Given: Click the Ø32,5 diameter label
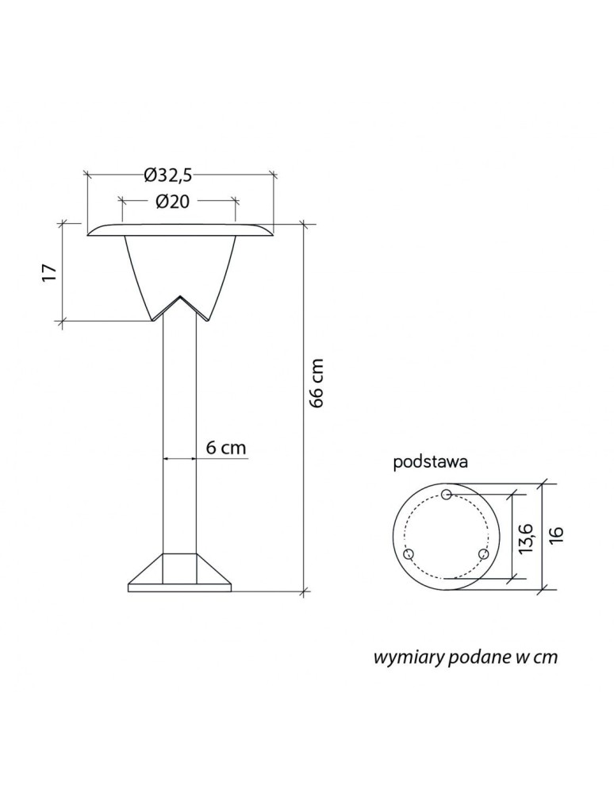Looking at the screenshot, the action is point(168,175).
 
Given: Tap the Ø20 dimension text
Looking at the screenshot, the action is point(172,202).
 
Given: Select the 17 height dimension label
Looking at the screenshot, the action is point(49,273).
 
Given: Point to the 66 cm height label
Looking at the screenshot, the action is point(317,384).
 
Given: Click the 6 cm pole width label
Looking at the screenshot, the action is point(226,448).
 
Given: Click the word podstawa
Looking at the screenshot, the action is point(431,463).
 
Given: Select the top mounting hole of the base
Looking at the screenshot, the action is point(446,494).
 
